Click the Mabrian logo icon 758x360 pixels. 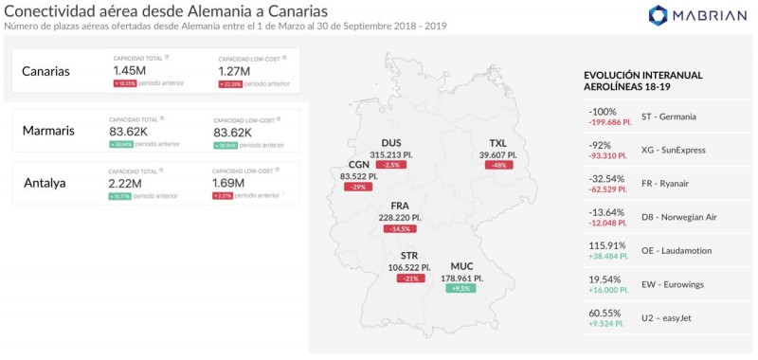pos(659,15)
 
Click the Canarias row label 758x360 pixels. pos(45,72)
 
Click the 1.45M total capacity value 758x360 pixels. pos(129,70)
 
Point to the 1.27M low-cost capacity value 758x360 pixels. pos(234,70)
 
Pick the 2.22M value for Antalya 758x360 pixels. pos(126,183)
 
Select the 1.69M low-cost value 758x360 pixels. pos(229,183)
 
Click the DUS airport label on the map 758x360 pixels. pos(390,142)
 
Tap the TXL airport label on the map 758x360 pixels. pos(497,143)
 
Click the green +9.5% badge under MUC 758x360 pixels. pos(461,289)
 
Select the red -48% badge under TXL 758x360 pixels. pos(497,166)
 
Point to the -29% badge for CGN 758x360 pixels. pos(358,187)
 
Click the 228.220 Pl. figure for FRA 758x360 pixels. pos(399,217)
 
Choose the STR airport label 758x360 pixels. pos(409,256)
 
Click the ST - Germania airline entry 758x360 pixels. pos(668,117)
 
